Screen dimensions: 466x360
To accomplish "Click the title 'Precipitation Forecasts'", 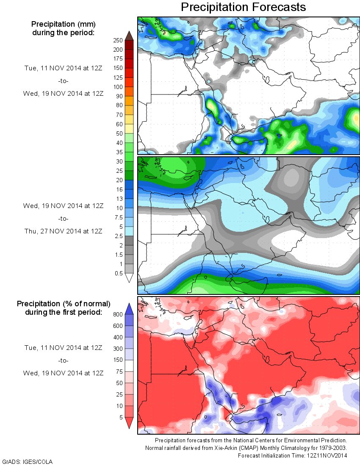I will click(x=243, y=7).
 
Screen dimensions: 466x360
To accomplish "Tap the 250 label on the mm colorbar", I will click(x=118, y=40).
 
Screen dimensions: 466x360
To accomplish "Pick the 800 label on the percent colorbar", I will click(x=118, y=315).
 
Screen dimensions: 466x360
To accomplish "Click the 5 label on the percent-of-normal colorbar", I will click(x=121, y=417).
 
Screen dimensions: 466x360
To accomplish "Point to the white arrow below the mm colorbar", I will click(x=129, y=278).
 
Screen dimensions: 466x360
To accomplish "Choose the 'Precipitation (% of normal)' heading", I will click(x=64, y=304).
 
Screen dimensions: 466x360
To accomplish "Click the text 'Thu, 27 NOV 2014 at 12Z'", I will click(x=63, y=231).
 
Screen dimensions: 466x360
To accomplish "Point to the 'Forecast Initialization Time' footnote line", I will click(x=292, y=455).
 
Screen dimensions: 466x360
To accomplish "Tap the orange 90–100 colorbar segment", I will click(x=129, y=91).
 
